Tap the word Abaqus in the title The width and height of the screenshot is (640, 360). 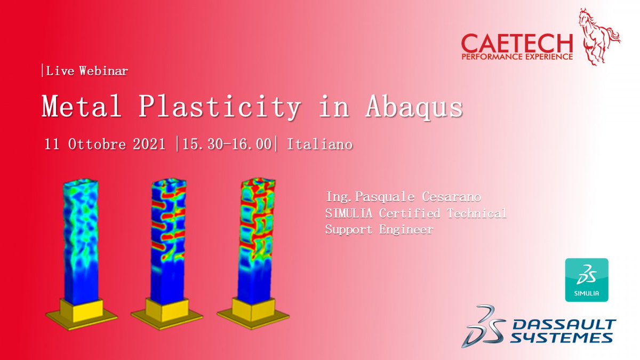[414, 107]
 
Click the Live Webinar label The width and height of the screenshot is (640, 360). [85, 71]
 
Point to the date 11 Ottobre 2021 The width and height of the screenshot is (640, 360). [106, 145]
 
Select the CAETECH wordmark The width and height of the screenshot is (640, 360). [517, 43]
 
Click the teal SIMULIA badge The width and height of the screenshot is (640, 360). [586, 280]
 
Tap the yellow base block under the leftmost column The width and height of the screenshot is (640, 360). [82, 310]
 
